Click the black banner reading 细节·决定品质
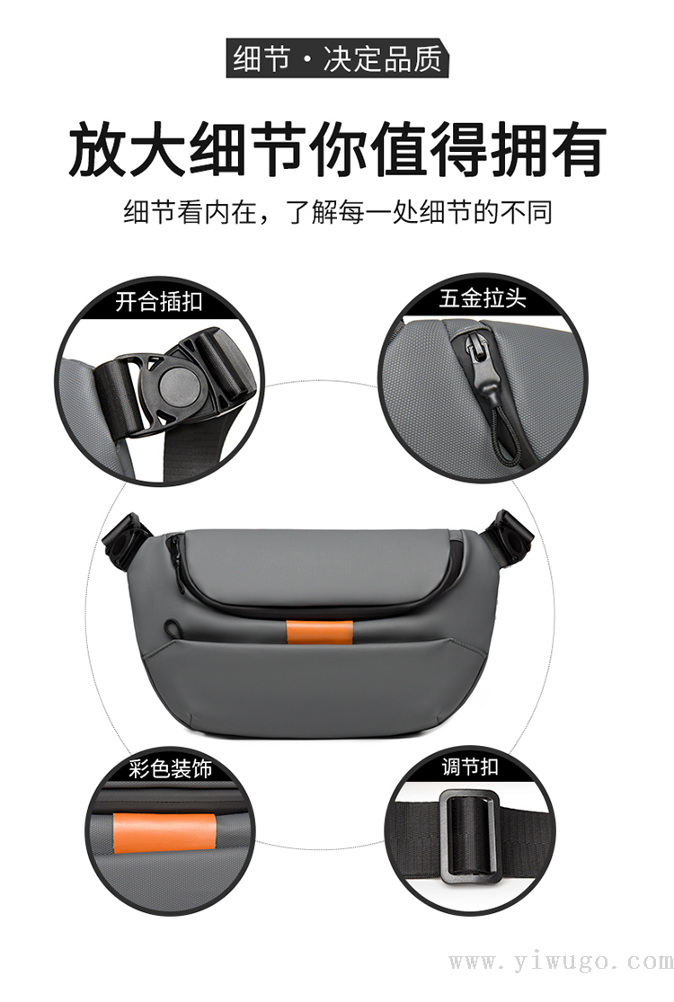point(337,58)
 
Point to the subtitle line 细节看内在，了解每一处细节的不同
point(338,211)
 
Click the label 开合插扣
point(158,300)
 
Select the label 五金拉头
point(482,297)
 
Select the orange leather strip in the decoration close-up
point(164,835)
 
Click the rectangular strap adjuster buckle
point(470,836)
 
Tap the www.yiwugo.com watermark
point(560,962)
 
